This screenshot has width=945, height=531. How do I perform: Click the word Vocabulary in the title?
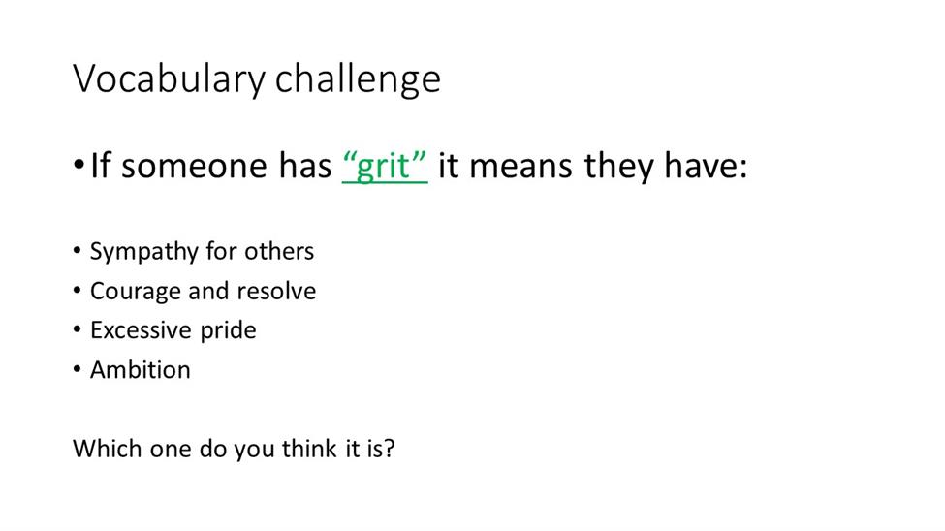coord(169,78)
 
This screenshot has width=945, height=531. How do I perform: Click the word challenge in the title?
coord(358,78)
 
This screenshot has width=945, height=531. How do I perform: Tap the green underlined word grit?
coord(385,166)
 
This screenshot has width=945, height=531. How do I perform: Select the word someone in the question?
coord(194,166)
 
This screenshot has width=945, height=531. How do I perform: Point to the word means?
coord(520,166)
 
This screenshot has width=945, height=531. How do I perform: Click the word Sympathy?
coord(144,252)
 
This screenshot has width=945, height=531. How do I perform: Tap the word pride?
coord(228,330)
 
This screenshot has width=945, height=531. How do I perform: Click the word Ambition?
coord(141,369)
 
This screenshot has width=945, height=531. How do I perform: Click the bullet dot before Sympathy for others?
coord(78,250)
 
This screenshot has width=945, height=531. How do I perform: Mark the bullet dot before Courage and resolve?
coord(78,290)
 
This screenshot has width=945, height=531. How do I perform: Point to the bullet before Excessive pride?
coord(78,329)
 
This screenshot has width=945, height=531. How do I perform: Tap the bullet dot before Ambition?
coord(78,369)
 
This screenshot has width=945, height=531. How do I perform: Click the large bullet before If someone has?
coord(79,164)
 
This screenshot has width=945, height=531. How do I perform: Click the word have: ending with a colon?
coord(706,166)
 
